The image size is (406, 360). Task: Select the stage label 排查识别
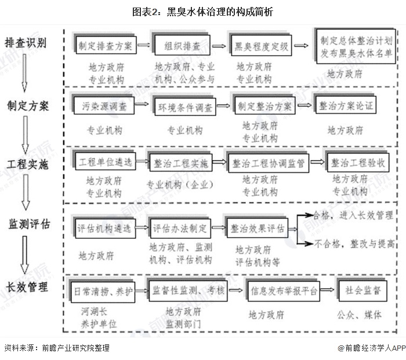(x=26, y=43)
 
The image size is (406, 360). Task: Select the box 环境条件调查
(x=183, y=107)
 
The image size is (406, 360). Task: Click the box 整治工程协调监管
(x=268, y=163)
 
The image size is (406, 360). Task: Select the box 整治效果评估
(x=257, y=228)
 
